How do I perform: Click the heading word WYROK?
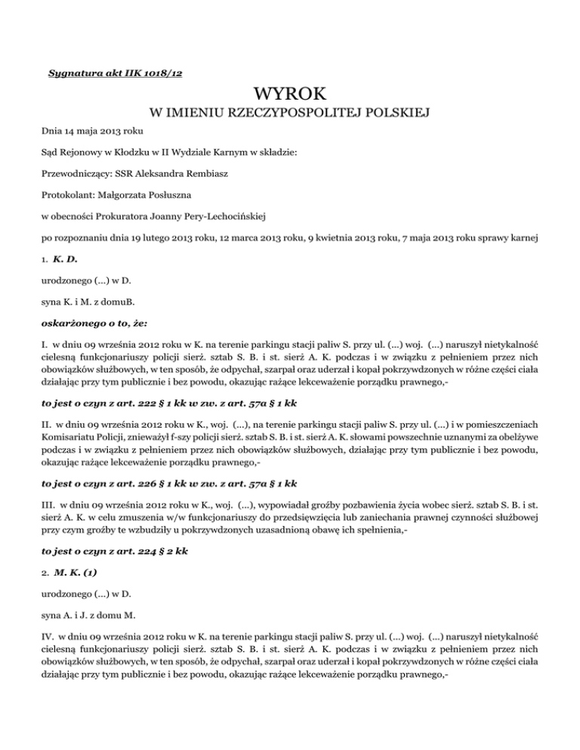click(x=290, y=96)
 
